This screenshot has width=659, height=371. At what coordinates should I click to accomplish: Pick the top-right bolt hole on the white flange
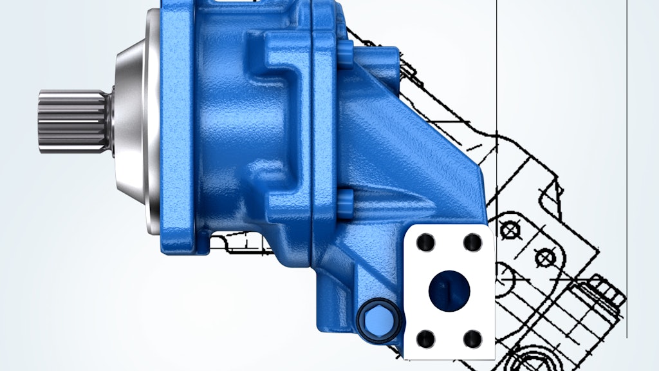pos(472,242)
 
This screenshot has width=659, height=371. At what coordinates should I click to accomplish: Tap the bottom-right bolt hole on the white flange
pos(472,338)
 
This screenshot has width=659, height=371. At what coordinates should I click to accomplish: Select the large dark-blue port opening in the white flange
pos(449,289)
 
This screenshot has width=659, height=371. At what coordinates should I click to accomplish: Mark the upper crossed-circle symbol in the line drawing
pos(511,227)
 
